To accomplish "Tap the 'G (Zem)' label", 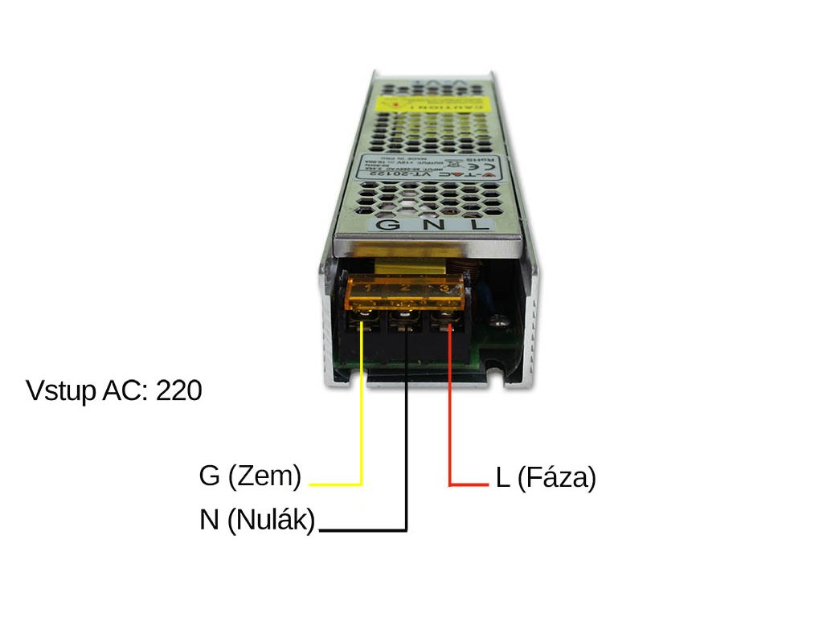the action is click(x=250, y=476).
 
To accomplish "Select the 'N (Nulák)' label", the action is click(x=257, y=520).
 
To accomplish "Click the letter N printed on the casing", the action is click(x=432, y=225).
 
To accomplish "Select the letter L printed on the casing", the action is click(x=478, y=225).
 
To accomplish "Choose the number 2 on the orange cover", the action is click(x=406, y=288).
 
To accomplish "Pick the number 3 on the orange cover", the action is click(x=443, y=288).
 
